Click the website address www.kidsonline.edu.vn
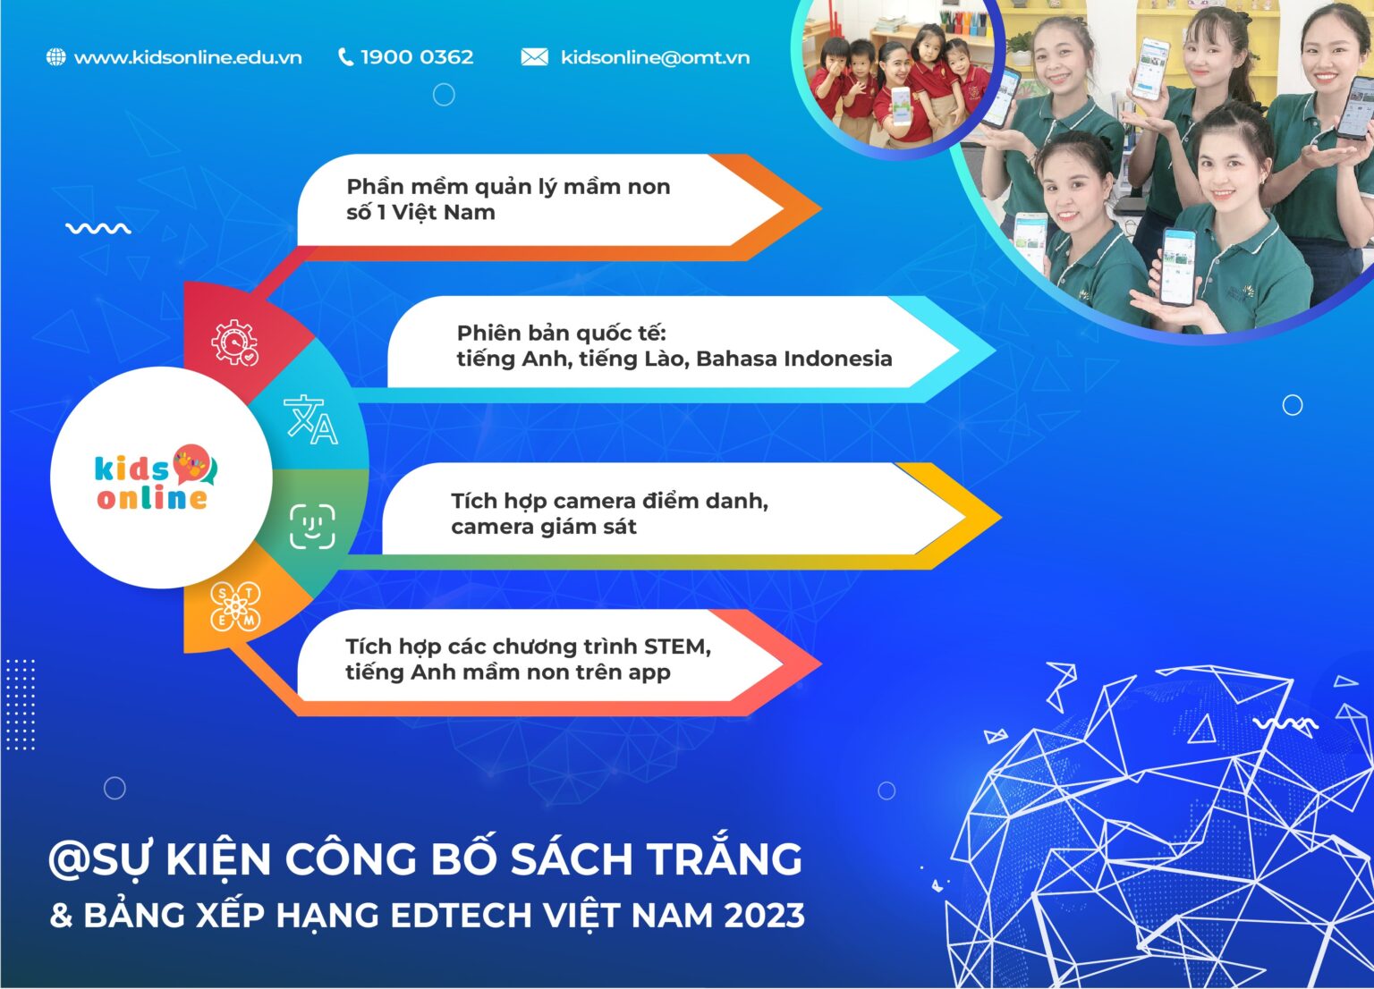187,57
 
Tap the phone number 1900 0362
416,57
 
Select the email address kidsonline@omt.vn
655,57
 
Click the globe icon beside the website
55,57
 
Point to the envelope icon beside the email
534,57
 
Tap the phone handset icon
345,57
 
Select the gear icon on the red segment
234,342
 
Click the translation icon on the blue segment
310,419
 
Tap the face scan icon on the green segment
312,526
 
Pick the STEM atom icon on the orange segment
234,607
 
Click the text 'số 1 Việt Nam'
420,213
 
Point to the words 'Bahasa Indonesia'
793,359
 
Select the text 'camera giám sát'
543,527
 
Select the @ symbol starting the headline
68,860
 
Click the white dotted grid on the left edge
20,705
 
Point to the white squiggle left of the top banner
98,229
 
